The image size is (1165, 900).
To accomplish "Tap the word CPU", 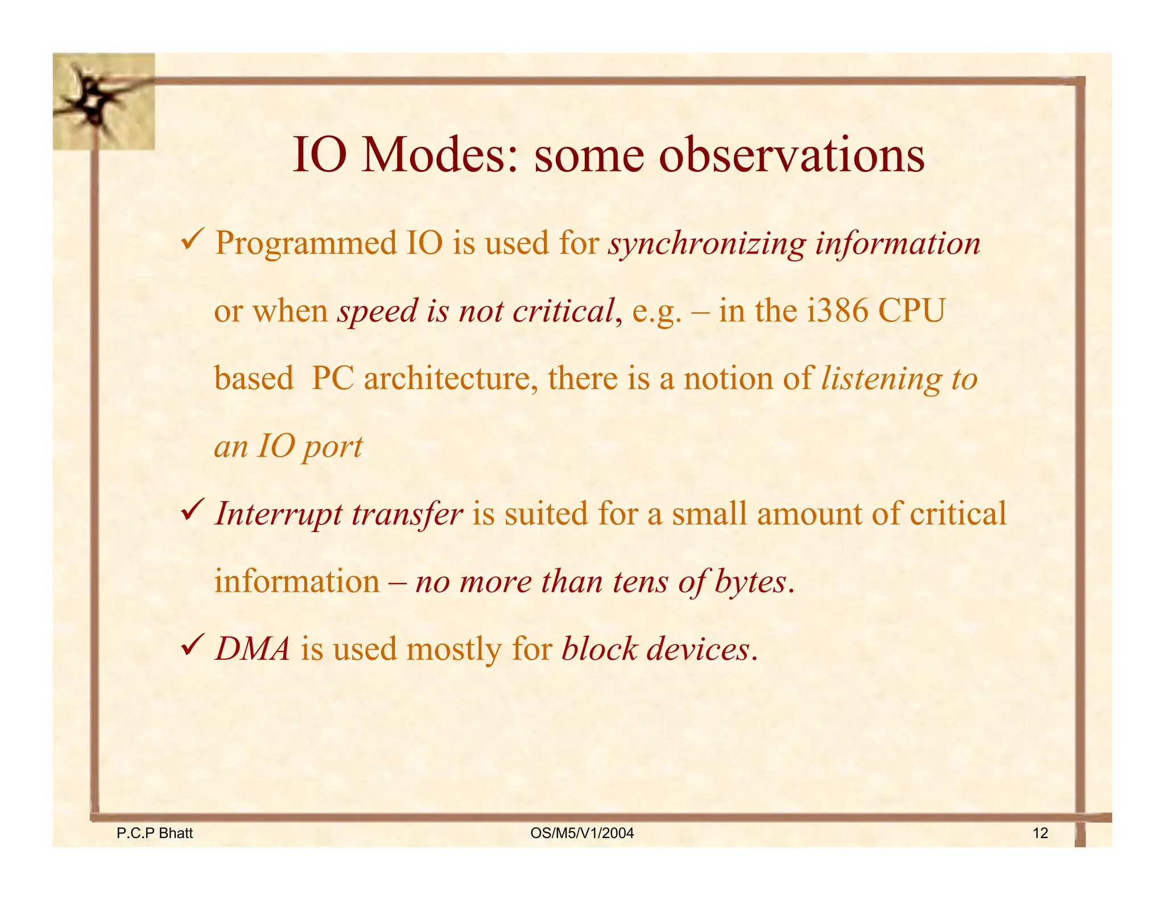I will point(911,311).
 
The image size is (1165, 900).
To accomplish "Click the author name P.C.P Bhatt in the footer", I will point(155,833).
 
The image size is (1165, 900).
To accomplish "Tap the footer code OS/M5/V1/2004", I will point(582,833).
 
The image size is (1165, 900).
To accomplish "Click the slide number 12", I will point(1040,833).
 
